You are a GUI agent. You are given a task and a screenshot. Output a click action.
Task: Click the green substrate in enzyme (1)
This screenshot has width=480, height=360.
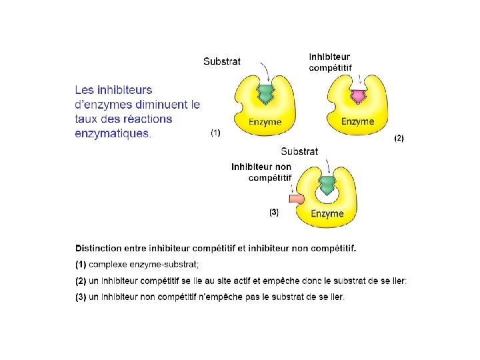point(265,94)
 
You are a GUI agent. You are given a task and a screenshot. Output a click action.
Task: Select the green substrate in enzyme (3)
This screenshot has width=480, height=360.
point(327,184)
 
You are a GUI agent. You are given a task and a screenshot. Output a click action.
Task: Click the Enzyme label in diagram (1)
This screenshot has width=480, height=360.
point(265,122)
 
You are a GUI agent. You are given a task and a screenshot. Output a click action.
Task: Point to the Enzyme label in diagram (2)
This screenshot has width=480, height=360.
point(358,121)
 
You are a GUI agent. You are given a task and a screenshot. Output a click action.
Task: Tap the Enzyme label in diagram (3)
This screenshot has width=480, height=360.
point(327,214)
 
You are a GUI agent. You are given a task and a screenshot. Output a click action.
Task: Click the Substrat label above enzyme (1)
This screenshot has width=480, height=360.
point(222,61)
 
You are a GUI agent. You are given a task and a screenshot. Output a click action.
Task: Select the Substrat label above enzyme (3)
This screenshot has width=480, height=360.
point(299,151)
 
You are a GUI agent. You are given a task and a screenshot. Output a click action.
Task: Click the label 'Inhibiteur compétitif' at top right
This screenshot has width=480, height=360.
point(330,62)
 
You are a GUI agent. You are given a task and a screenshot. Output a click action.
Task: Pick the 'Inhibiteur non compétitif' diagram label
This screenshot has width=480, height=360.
point(261,172)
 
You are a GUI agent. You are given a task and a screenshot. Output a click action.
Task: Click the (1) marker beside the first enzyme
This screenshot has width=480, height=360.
point(215,133)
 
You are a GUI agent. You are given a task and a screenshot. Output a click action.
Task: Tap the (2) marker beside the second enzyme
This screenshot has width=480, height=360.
point(399,138)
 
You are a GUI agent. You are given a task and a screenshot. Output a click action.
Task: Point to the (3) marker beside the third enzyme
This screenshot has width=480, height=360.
point(273,213)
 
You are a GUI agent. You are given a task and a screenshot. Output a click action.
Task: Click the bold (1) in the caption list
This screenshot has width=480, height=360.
point(81,265)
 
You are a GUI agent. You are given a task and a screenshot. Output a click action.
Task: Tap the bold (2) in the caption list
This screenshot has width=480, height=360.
point(81,281)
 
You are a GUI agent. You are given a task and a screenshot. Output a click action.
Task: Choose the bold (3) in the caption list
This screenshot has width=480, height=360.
point(81,297)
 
